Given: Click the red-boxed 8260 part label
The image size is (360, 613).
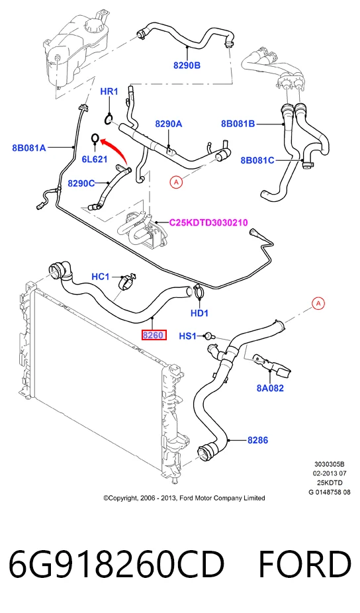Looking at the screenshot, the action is tap(154, 335).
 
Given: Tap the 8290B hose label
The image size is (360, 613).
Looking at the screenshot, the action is tap(187, 66).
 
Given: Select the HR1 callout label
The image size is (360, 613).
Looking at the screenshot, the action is tap(109, 91).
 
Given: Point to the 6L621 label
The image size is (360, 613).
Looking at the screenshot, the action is tap(94, 159).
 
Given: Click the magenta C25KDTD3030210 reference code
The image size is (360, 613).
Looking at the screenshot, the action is tap(208, 222).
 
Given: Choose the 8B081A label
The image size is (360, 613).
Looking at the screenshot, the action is tap(29, 148).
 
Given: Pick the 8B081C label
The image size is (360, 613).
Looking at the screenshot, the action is tap(257, 160).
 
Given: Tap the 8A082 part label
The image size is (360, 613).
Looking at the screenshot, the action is tap(270, 388).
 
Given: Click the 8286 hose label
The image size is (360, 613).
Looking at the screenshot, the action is tap(257, 440).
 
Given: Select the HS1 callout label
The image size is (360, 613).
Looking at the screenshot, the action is tap(188, 336).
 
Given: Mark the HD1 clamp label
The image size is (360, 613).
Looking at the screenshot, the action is tap(199, 312).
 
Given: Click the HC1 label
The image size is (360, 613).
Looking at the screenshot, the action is tap(101, 277).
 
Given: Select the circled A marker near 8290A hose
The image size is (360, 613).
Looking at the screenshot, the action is tap(176, 182).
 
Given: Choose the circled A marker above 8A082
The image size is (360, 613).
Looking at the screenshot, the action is tap(318, 303).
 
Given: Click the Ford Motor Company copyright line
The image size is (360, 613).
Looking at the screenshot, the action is tap(184, 498).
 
